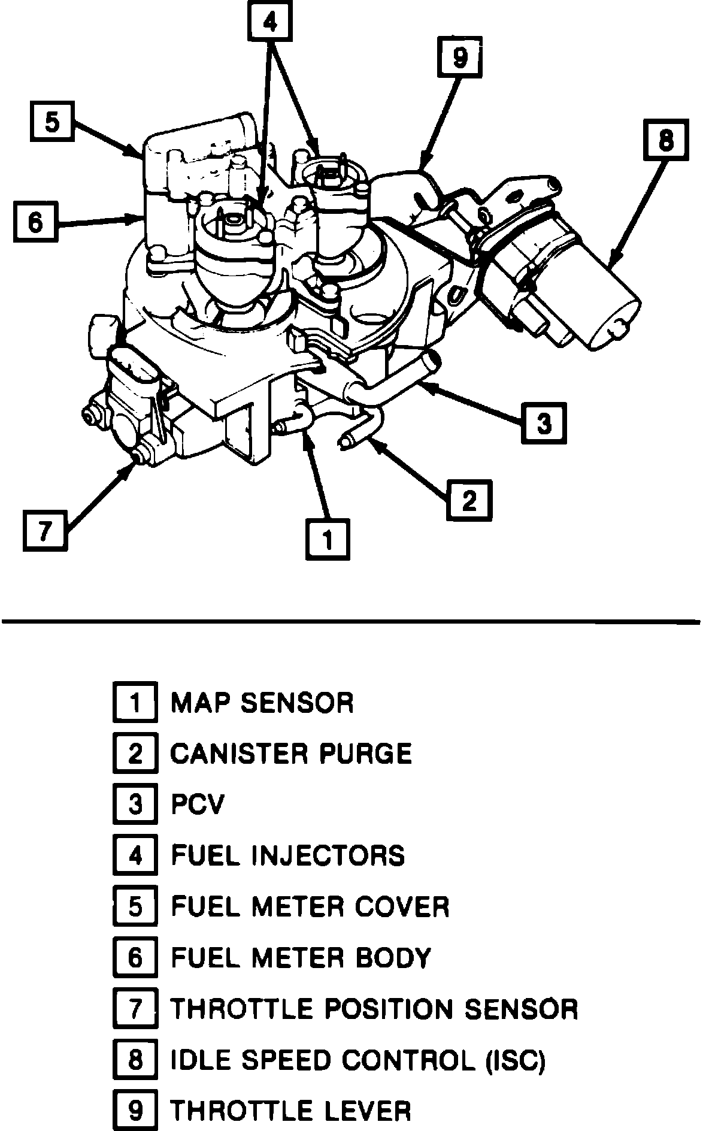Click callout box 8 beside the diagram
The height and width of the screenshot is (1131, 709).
click(x=666, y=141)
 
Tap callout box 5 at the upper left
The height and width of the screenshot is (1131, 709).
click(x=52, y=123)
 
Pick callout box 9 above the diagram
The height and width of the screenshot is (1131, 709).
click(x=459, y=58)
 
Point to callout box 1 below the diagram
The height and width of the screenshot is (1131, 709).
click(x=328, y=539)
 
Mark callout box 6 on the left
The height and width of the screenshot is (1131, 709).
click(x=36, y=222)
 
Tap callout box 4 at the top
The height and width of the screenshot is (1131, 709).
click(x=270, y=23)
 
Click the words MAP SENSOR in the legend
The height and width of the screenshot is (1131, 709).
click(x=262, y=702)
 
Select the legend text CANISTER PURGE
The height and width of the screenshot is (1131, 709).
click(x=292, y=753)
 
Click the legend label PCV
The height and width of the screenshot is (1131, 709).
click(x=197, y=804)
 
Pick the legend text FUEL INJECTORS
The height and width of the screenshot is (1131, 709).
click(x=288, y=855)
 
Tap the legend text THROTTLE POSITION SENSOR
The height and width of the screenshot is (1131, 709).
click(x=374, y=1009)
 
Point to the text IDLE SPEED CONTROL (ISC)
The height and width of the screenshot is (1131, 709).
click(x=358, y=1060)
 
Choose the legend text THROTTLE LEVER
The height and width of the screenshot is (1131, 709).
click(x=291, y=1111)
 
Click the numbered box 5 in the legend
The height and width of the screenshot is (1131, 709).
click(x=135, y=907)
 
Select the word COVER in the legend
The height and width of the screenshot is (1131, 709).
click(x=402, y=907)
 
